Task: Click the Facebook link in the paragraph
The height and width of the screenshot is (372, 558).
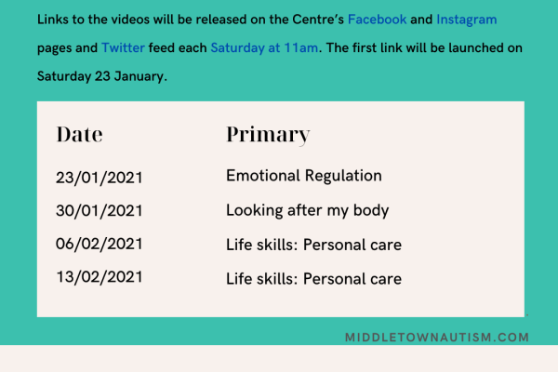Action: point(377,18)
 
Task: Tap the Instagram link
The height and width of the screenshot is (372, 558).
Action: point(466,18)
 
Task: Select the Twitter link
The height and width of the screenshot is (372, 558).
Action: point(123,47)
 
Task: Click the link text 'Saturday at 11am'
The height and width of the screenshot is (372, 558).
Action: point(264,47)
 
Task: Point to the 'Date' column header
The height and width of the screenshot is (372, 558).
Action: point(79,134)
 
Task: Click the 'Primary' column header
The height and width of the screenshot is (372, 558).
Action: point(268,134)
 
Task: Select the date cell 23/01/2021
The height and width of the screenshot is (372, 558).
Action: point(99,177)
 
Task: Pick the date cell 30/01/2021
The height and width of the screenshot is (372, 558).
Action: point(99,211)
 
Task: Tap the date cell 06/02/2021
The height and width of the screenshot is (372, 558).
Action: point(99,246)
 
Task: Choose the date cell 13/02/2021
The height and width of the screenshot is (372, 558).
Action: point(99,279)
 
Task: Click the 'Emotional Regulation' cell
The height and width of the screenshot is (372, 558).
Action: point(304,176)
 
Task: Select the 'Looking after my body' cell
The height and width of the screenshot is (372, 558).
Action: point(307,211)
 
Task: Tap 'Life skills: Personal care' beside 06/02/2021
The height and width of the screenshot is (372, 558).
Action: point(313,246)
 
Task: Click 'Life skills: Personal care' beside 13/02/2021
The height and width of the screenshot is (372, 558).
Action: point(313,279)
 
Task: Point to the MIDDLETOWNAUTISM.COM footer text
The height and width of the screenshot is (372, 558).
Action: point(436,337)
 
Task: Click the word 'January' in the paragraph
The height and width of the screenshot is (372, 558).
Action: point(137,76)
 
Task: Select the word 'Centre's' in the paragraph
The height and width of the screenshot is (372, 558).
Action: point(312,18)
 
